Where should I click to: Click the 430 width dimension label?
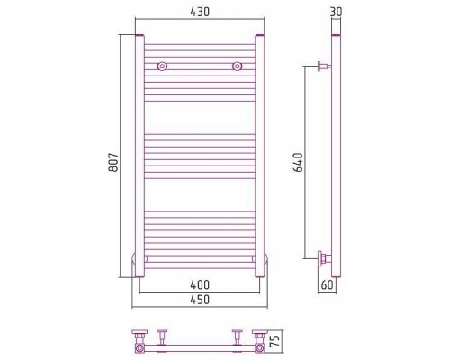(x=200, y=12)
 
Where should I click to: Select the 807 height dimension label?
(x=113, y=162)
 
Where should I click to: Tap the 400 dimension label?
(x=200, y=284)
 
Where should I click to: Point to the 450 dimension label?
(x=200, y=300)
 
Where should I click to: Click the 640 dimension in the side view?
(x=298, y=162)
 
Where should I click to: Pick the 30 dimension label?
(x=336, y=12)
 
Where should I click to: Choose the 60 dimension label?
(x=327, y=284)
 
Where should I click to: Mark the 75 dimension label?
(x=275, y=340)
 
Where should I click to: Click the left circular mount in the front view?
(x=162, y=67)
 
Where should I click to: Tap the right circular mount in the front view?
(x=238, y=67)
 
